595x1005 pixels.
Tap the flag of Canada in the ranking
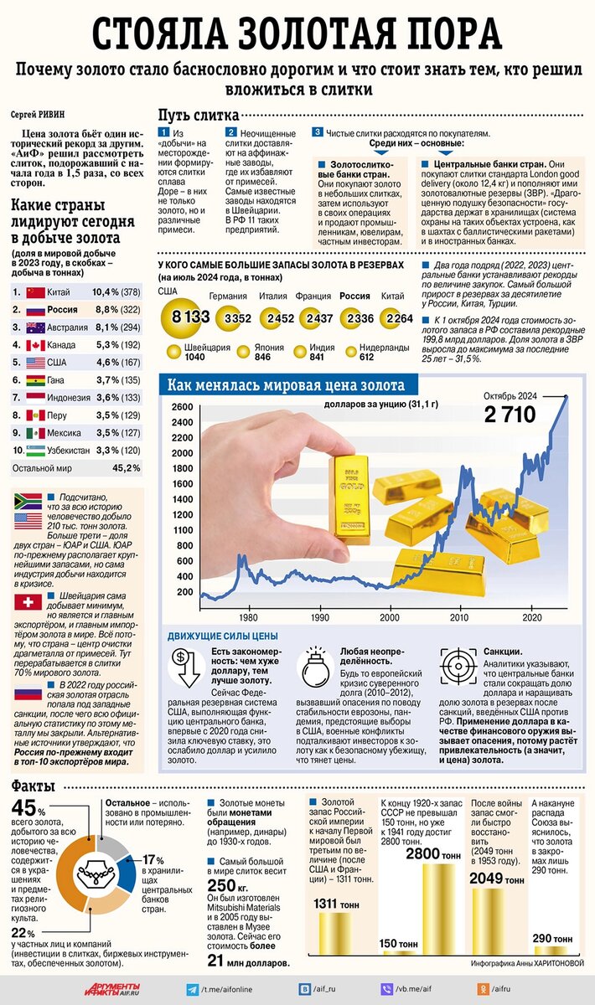click(x=35, y=345)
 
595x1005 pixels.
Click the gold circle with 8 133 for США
click(x=185, y=317)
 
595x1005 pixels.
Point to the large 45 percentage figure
click(x=25, y=808)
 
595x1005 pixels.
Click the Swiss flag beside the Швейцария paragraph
click(x=28, y=603)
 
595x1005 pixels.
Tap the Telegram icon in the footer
click(x=192, y=988)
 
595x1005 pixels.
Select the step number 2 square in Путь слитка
click(x=231, y=132)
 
